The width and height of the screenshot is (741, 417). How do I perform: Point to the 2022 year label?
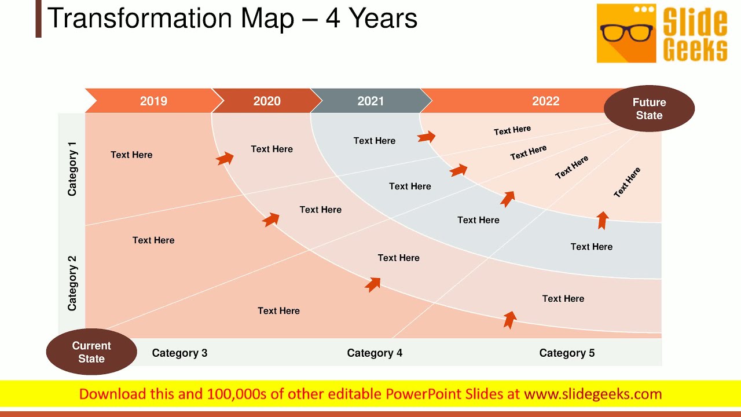(545, 101)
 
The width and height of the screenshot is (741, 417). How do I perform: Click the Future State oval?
(649, 109)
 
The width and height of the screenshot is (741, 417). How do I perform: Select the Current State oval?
(91, 352)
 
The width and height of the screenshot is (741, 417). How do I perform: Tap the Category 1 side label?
(72, 173)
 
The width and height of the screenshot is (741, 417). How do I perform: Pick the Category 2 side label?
(72, 284)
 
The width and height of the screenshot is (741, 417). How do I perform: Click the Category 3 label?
(179, 353)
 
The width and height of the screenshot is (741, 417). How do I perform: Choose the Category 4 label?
(375, 353)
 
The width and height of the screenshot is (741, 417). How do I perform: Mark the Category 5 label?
(567, 353)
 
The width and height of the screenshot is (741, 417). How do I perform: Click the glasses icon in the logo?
(626, 33)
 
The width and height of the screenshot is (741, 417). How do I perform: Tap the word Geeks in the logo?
(695, 50)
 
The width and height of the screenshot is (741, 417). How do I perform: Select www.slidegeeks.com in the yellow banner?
(593, 394)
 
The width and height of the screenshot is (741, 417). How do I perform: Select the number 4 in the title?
(332, 19)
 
